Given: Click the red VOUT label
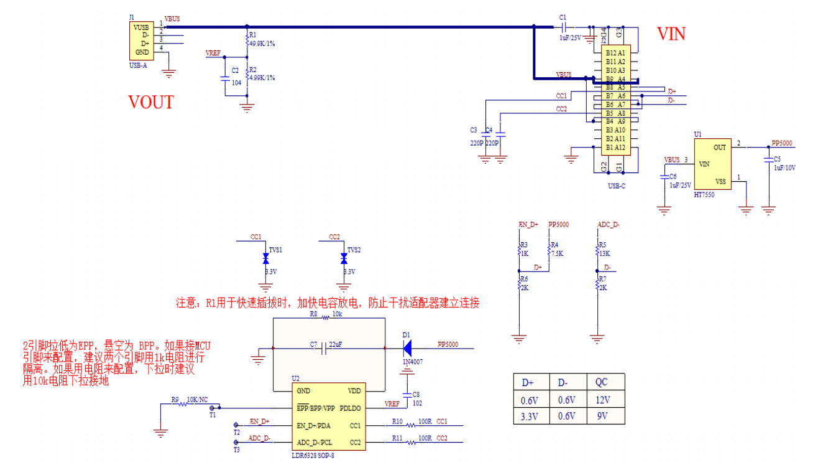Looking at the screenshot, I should (150, 102).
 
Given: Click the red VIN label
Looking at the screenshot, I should (671, 34).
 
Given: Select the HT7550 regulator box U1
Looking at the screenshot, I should (711, 164).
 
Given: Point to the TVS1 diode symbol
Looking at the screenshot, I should (265, 258).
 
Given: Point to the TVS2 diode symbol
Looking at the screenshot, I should (344, 258).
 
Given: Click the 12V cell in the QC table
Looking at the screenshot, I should (602, 400).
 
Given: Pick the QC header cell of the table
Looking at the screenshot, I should (602, 382).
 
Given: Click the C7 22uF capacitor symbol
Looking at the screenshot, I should (324, 349).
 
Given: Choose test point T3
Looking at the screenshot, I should (236, 443).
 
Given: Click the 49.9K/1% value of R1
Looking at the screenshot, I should (262, 44).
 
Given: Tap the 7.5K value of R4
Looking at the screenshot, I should (557, 253).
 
